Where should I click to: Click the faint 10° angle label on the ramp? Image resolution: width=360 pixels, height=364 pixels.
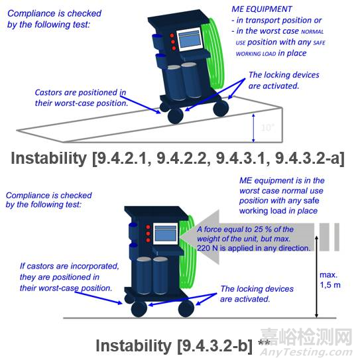(x=268, y=128)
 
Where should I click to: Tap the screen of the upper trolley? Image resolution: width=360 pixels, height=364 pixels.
(x=189, y=40)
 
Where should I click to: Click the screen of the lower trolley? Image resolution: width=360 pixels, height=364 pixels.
(x=166, y=234)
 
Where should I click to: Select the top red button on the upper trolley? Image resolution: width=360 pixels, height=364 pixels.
(x=172, y=36)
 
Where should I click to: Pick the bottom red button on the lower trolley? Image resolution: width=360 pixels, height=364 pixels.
(x=148, y=240)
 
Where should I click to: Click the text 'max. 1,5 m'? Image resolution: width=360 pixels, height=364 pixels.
(x=330, y=280)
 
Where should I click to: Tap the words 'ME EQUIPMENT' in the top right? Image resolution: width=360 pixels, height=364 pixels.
(x=262, y=9)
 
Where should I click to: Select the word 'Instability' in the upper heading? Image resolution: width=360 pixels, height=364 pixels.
(x=49, y=158)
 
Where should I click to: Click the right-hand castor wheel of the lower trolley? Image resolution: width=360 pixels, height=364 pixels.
(x=186, y=308)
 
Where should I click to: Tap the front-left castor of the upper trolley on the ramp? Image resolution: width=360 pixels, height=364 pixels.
(x=175, y=115)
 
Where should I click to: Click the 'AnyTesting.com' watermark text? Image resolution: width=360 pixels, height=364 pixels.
(x=306, y=352)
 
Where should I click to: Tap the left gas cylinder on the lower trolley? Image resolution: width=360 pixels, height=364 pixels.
(x=144, y=275)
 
